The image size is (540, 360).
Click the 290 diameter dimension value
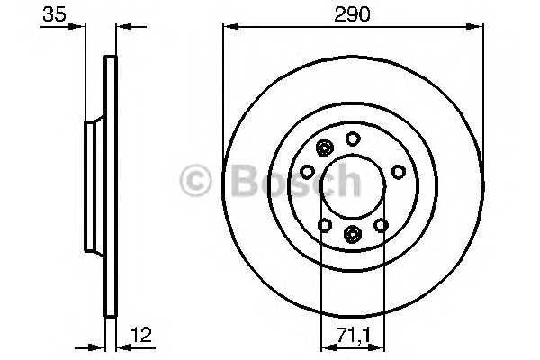point(353,13)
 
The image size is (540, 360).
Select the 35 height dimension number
point(55,13)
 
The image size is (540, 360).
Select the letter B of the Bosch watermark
point(243,182)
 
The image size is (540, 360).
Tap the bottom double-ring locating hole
point(352,236)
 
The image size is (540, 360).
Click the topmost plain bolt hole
point(353,138)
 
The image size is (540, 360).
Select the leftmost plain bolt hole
point(307,171)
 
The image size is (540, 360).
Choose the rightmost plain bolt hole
point(398,171)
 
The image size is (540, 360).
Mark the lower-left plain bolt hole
point(324,225)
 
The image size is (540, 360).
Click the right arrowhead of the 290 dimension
point(478,27)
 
